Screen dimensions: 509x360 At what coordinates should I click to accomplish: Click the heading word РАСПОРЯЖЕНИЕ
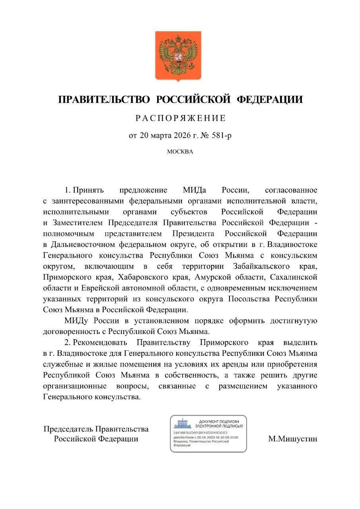(x=181, y=118)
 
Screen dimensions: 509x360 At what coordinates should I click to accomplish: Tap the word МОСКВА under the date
(x=180, y=152)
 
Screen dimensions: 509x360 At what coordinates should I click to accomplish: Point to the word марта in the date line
(x=160, y=136)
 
